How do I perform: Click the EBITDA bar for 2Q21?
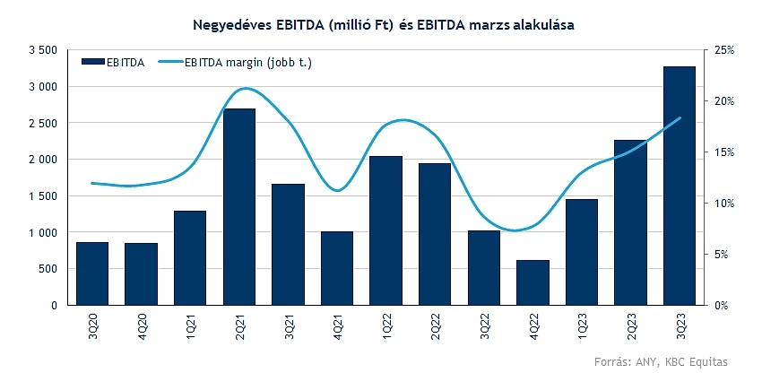[x=239, y=207]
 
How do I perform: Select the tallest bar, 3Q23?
[x=680, y=186]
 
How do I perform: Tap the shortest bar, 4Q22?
[x=533, y=282]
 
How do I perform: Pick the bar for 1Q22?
[x=385, y=230]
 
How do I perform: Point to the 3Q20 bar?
[x=92, y=273]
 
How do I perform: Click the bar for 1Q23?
[x=582, y=252]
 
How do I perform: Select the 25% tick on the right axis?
[x=723, y=50]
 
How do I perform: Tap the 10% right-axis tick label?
[x=723, y=204]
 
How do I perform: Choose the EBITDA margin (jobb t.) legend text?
[x=247, y=62]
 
